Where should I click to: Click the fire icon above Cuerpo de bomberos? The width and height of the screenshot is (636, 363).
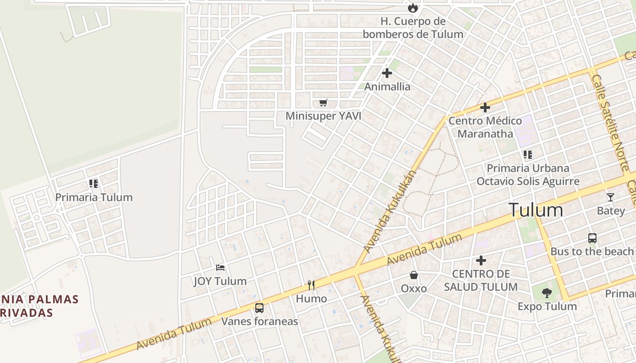tap(412, 8)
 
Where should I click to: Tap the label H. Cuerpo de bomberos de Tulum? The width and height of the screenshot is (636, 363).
tap(413, 28)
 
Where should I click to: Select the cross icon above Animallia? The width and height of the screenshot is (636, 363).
tap(387, 73)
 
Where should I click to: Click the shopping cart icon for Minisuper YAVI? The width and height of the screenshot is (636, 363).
tap(323, 103)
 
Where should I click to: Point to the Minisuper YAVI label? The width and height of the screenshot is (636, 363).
tap(323, 116)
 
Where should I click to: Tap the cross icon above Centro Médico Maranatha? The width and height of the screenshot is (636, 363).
tap(485, 108)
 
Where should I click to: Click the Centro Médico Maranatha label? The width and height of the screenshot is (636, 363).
tap(485, 127)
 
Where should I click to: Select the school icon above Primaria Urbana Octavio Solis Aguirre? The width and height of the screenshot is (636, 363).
tap(527, 155)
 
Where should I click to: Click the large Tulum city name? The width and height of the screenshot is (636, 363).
tap(536, 210)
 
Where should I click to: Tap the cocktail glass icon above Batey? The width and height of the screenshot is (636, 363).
tap(610, 197)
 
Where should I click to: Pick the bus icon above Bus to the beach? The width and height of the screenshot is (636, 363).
tap(592, 238)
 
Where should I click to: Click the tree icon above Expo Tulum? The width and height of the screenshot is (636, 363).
tap(547, 293)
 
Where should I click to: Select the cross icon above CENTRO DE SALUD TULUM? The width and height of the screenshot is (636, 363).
tap(481, 260)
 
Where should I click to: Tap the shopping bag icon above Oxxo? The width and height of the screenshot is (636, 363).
tap(414, 275)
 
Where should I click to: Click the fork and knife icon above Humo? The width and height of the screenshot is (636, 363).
tap(311, 285)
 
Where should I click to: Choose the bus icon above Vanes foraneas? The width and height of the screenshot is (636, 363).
tap(259, 308)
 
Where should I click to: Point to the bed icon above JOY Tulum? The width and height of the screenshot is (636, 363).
tap(220, 268)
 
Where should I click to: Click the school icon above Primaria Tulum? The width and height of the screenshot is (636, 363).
tap(94, 184)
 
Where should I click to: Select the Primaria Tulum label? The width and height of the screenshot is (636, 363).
tap(94, 197)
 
